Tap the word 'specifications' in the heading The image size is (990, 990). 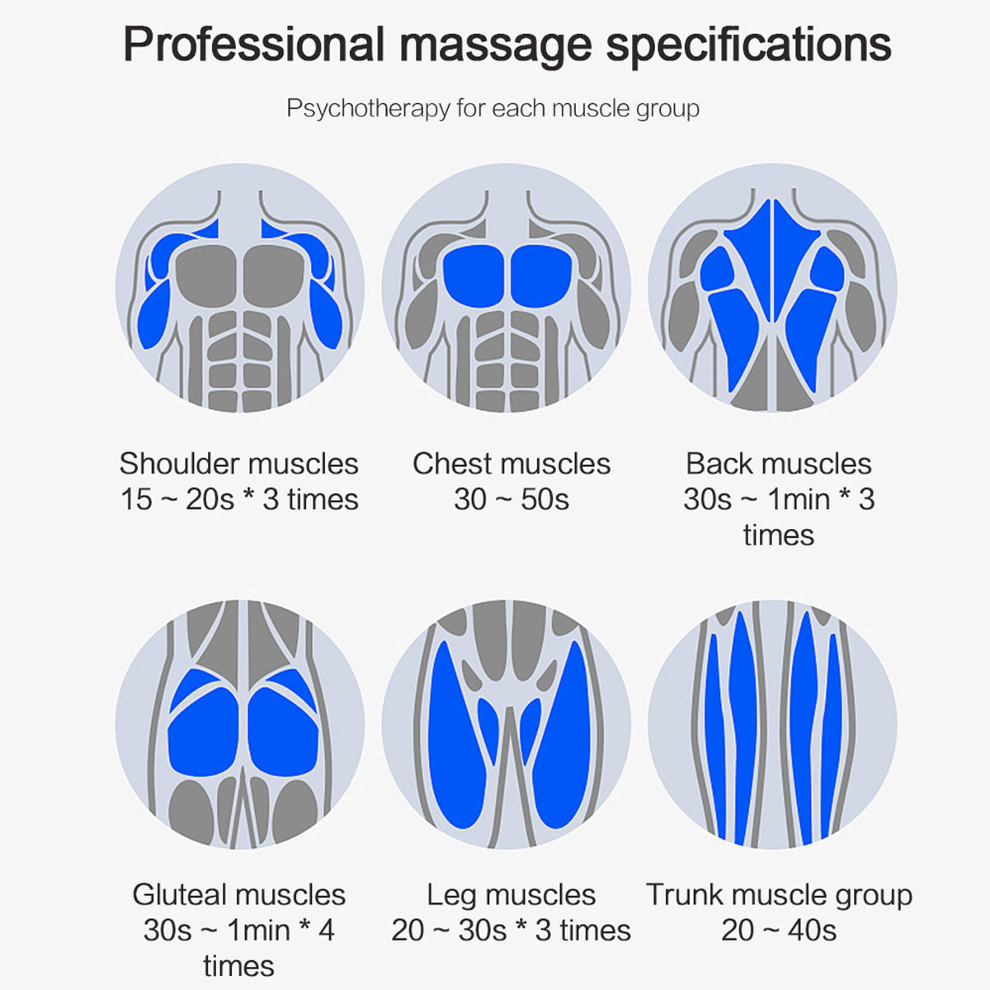click(x=748, y=45)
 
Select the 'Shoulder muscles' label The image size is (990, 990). click(x=238, y=464)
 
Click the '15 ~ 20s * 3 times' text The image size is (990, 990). click(x=238, y=500)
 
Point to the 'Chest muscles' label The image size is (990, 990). click(x=511, y=464)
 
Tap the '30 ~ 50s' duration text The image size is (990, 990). click(x=511, y=500)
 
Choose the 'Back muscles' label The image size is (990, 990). click(x=778, y=464)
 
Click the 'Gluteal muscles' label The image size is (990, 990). click(x=238, y=895)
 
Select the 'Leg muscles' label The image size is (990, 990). click(x=511, y=895)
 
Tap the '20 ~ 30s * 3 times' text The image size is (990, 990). click(x=511, y=931)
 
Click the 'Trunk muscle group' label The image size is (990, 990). click(x=779, y=895)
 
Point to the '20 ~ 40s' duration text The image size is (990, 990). click(x=779, y=931)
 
